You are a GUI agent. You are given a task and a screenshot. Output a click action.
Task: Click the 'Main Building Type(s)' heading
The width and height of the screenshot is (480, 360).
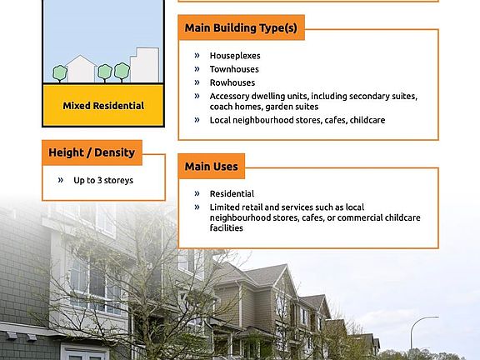[x=241, y=27]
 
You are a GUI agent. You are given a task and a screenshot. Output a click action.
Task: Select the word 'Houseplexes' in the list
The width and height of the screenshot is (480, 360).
[x=235, y=56]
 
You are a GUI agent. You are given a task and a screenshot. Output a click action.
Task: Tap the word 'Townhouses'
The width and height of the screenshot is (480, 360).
[x=234, y=69]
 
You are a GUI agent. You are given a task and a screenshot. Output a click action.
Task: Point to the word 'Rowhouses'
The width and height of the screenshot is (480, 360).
[x=232, y=82]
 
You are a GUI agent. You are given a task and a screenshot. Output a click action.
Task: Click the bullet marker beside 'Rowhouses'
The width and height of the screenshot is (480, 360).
[x=197, y=82]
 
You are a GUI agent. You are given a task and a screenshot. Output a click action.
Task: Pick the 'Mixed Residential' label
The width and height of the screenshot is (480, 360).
[x=103, y=106]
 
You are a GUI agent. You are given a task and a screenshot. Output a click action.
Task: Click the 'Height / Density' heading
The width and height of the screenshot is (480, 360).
[x=92, y=152]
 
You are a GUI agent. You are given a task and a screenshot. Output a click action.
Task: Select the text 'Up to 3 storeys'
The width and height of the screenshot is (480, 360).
[x=103, y=180]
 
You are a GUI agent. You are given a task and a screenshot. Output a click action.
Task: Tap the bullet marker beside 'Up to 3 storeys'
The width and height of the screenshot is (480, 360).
[x=61, y=180]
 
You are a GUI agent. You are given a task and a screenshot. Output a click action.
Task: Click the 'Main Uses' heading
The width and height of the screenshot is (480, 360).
[x=211, y=167]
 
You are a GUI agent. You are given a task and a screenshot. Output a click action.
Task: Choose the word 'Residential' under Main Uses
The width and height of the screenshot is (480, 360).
[x=232, y=194]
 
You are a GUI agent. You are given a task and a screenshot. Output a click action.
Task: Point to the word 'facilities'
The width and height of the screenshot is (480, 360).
[x=226, y=228]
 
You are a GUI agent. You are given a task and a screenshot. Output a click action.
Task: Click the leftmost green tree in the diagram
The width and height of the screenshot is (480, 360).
[x=60, y=73]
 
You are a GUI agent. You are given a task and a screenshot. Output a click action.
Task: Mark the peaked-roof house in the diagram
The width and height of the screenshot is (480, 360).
[x=81, y=69]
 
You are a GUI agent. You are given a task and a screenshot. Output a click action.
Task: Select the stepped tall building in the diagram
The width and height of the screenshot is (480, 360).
[x=144, y=65]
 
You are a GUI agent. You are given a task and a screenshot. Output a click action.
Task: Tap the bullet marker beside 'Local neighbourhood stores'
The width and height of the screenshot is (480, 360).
[x=197, y=120]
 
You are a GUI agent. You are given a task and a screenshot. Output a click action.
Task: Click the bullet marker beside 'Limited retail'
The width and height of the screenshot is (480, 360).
[x=197, y=207]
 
